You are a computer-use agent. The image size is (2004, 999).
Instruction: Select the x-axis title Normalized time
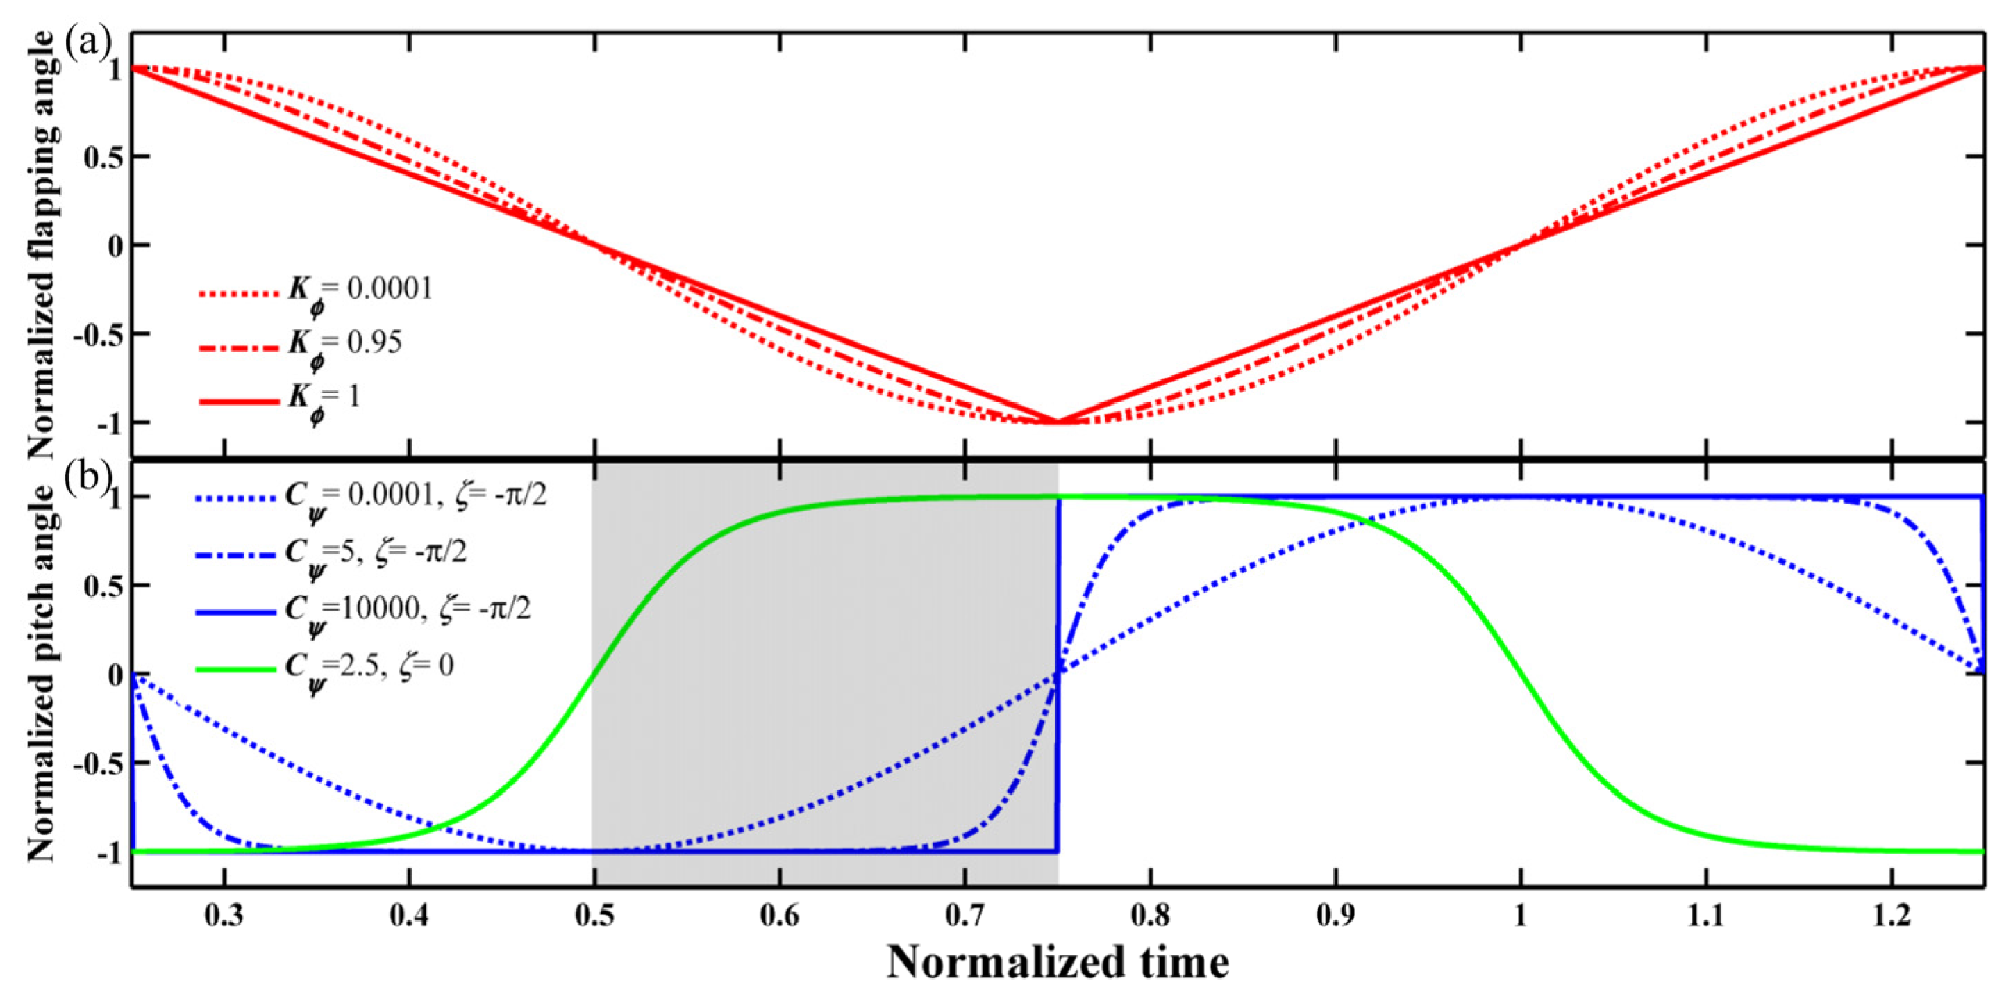(1058, 961)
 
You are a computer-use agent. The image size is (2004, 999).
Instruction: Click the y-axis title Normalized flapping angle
(43, 245)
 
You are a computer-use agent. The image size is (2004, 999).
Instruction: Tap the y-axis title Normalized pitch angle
(43, 673)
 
